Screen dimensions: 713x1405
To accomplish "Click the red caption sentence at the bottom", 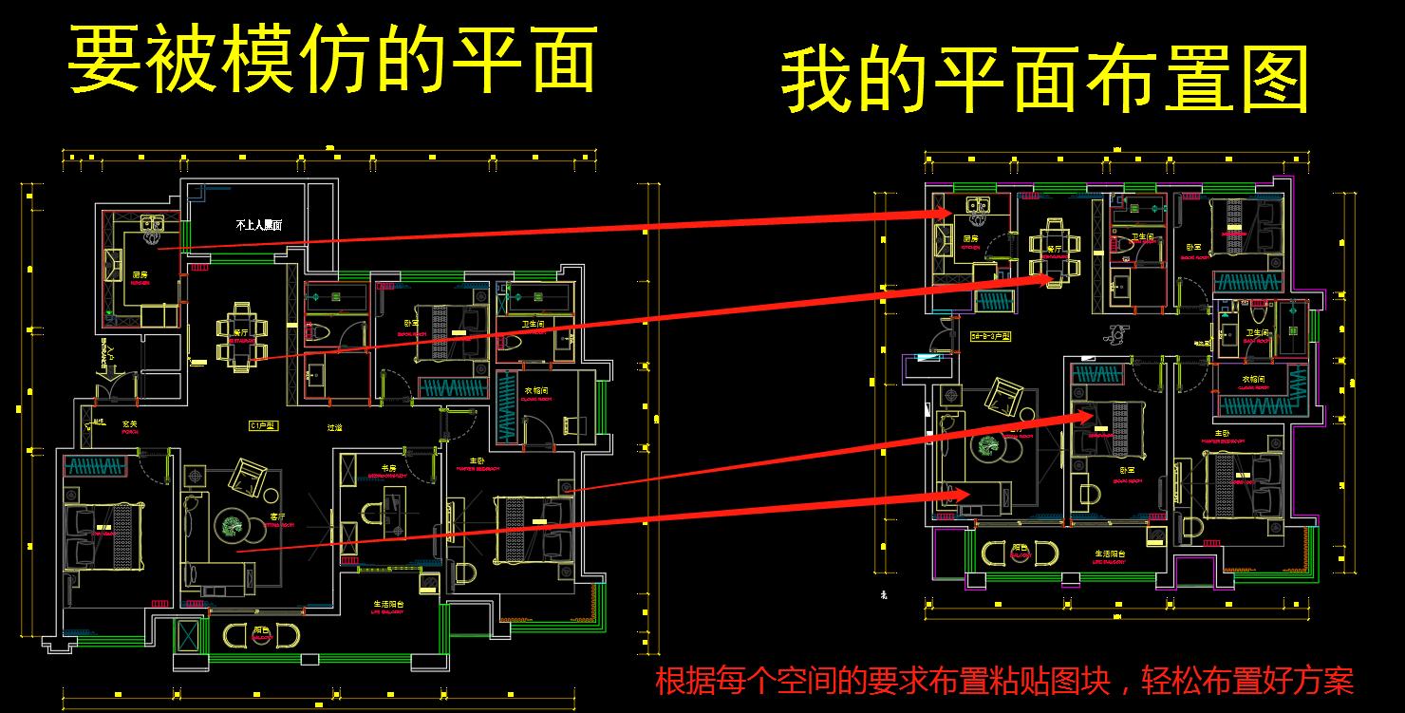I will point(1003,681).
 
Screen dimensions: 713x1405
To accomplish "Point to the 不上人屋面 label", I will point(259,225).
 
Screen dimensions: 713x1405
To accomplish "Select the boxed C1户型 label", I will point(261,426).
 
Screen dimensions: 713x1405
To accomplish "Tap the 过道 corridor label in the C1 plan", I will point(336,427).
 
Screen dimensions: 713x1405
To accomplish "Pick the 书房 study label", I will point(388,467).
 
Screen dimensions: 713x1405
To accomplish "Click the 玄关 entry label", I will point(129,423).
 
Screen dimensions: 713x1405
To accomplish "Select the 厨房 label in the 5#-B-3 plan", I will point(971,238).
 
